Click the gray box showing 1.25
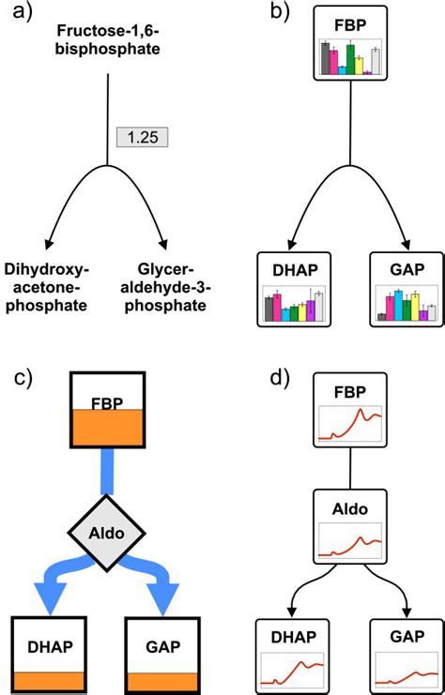[x=141, y=137]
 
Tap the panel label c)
[x=22, y=378]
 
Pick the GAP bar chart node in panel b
[x=407, y=290]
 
